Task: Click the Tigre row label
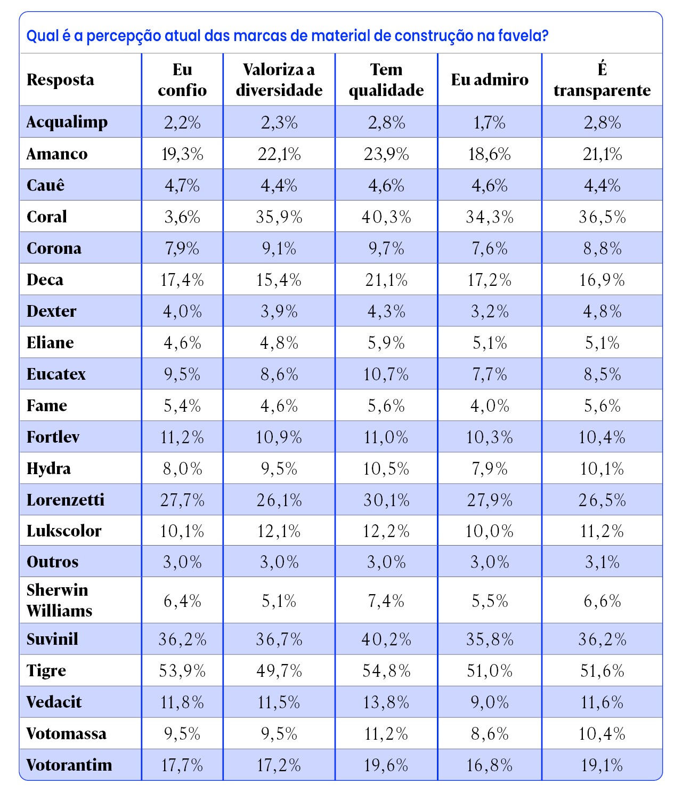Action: (46, 670)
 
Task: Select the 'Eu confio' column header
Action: (182, 79)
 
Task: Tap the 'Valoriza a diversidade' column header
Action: (279, 79)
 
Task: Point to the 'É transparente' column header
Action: (602, 79)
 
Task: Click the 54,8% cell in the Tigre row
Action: (386, 670)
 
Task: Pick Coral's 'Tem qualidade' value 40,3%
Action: (386, 217)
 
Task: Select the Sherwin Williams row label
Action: (59, 600)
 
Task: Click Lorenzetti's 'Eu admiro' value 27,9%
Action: (490, 500)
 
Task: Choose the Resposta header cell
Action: (60, 79)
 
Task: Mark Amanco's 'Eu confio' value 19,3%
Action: (182, 154)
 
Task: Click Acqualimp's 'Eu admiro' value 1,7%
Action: (490, 123)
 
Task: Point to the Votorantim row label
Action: (69, 765)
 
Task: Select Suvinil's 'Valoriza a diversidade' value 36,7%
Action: (279, 639)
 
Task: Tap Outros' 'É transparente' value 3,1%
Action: (602, 562)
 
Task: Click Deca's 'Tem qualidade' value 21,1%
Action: (386, 280)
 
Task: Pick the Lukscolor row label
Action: (64, 531)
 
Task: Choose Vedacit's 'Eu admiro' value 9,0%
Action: (490, 702)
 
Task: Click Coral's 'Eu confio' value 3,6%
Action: (182, 217)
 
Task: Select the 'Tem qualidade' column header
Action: (386, 79)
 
